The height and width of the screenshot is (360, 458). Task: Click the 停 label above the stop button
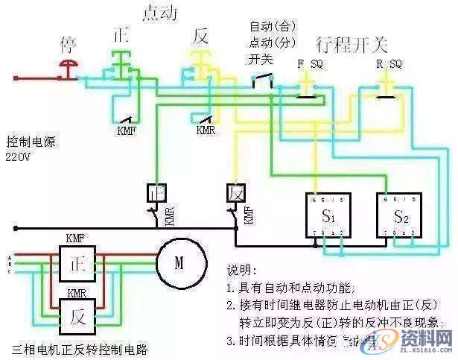coord(68,44)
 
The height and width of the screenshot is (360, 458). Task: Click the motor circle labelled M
coord(178,263)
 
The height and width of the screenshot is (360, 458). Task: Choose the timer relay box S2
coord(398,217)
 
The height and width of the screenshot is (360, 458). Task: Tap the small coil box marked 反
coord(235,192)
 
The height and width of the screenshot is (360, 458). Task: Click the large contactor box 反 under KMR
coord(77,315)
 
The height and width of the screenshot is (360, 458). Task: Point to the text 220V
coord(20,158)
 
